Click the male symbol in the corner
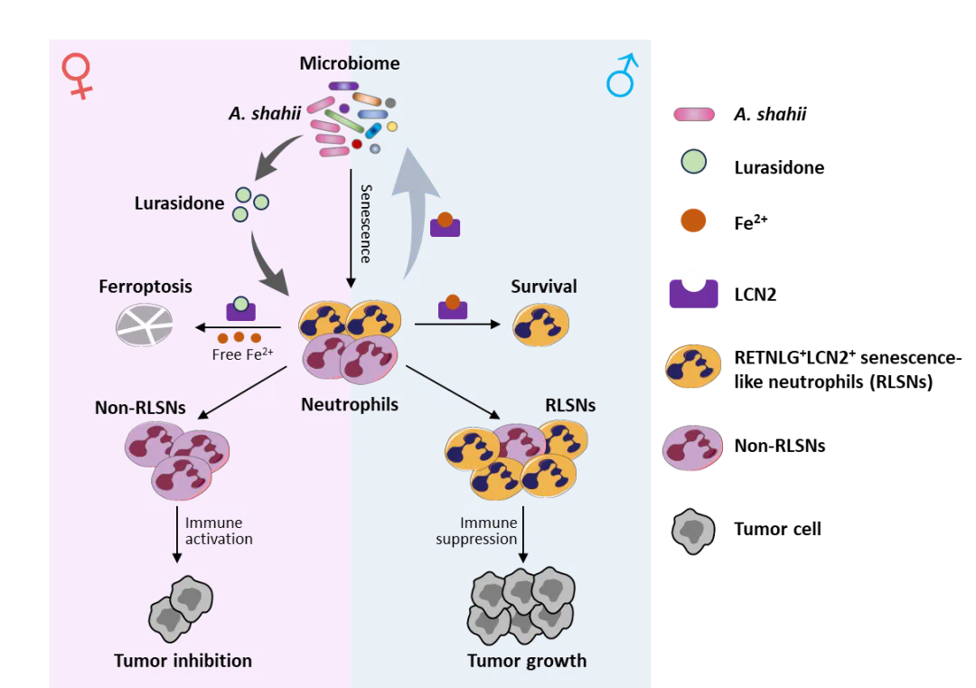pos(623,76)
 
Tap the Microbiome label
pos(350,63)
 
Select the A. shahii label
pos(265,115)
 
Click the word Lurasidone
pos(179,203)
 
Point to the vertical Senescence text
pos(365,223)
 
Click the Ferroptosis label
pos(145,287)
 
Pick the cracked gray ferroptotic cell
pos(145,325)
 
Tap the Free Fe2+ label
pos(242,354)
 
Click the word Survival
pos(543,287)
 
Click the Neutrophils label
pos(350,405)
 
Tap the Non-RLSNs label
pos(140,408)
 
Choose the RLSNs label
pos(570,405)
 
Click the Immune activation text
pos(219,531)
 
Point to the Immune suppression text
pos(477,531)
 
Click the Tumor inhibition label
pos(183,661)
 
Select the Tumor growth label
pos(527,661)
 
